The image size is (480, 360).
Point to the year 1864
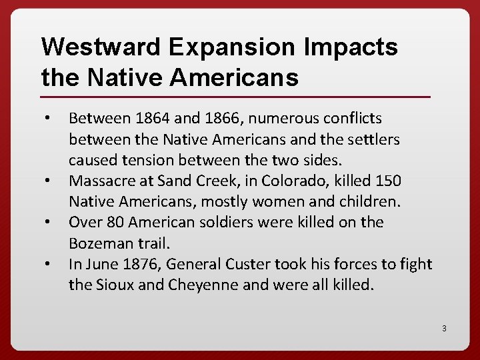[x=153, y=119]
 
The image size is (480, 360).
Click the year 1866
[x=222, y=119]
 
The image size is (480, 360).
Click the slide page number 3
[x=443, y=328]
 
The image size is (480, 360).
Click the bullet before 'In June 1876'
[x=48, y=265]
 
